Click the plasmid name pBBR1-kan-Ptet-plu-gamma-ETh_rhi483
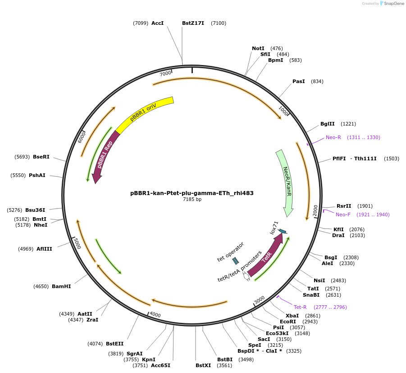[x=192, y=193]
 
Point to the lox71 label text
[x=274, y=228]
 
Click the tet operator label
[x=230, y=252]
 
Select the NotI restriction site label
[x=258, y=48]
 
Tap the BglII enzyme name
[x=328, y=124]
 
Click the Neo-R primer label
[x=333, y=137]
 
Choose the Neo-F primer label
[x=343, y=214]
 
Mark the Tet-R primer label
[x=301, y=307]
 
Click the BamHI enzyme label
[x=61, y=286]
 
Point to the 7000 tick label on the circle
[x=165, y=73]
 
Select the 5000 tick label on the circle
[x=77, y=244]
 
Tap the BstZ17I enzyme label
[x=193, y=23]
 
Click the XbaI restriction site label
[x=292, y=315]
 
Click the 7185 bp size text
[x=192, y=199]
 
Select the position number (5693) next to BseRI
[x=22, y=157]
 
